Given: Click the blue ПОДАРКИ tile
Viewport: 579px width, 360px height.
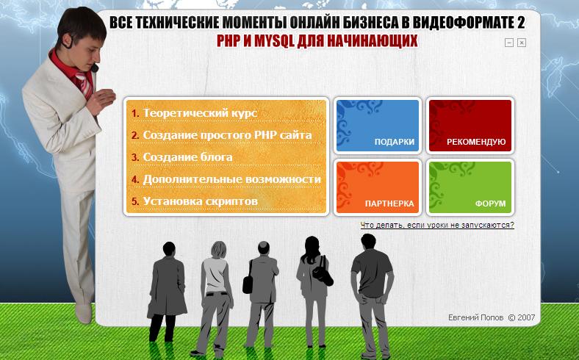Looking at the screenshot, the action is pos(378,126).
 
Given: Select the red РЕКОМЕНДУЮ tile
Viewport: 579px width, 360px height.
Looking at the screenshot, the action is pos(470,126).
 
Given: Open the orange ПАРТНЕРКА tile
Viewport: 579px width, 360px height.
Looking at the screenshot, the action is pos(378,187).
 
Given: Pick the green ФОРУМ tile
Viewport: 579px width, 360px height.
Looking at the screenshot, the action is pos(470,187).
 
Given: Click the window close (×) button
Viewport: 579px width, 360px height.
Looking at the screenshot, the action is pos(522,43).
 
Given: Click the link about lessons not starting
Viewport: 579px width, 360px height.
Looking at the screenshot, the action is pos(437,225).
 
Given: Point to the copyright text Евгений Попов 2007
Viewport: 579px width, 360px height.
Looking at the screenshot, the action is pos(492,317).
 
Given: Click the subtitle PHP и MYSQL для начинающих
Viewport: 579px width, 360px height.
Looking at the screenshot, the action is pos(317,40).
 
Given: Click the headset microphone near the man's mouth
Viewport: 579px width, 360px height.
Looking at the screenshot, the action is pos(95,68).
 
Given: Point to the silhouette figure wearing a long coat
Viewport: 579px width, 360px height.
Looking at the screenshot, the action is pos(167,292).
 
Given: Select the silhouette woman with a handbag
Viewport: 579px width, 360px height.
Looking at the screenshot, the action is pos(314,292).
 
